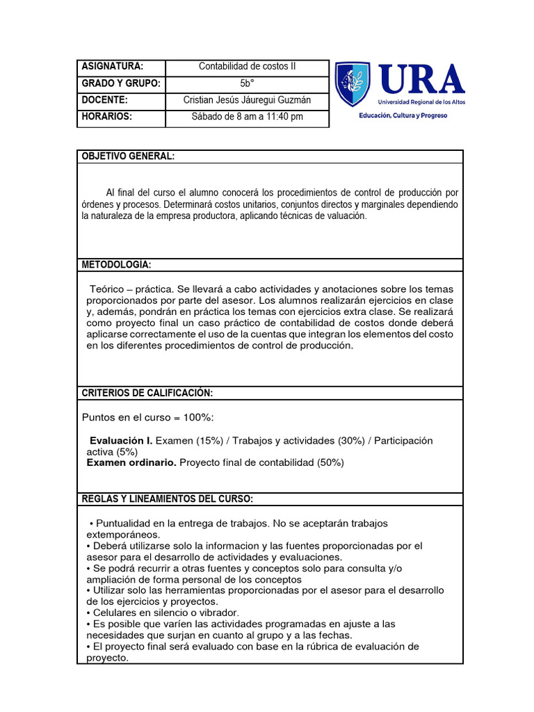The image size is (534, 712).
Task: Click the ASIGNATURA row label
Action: click(x=113, y=67)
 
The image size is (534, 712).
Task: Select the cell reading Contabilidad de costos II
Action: click(x=247, y=67)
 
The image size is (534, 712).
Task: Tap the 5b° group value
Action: click(x=247, y=83)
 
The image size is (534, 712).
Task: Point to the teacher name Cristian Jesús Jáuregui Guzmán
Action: click(x=247, y=100)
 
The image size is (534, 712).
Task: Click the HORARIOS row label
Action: click(x=107, y=117)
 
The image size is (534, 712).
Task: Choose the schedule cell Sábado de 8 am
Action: click(x=247, y=117)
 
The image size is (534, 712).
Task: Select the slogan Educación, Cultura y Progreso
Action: click(x=403, y=115)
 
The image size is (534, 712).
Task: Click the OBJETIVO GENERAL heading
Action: click(x=128, y=156)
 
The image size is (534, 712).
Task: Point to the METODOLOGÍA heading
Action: click(x=116, y=265)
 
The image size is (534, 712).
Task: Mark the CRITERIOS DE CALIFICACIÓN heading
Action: click(x=147, y=393)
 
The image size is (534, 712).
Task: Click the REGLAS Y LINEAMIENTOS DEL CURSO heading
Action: click(x=168, y=499)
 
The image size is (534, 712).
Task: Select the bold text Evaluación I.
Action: click(x=121, y=441)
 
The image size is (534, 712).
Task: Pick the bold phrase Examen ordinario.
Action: click(x=131, y=462)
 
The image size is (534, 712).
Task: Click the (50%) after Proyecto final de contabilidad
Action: click(x=330, y=462)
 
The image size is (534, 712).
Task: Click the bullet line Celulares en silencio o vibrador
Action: click(x=163, y=613)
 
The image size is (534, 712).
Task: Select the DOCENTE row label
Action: click(x=105, y=100)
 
